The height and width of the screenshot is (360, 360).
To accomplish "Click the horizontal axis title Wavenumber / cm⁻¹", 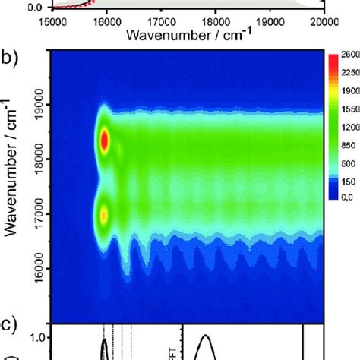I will [x=188, y=35].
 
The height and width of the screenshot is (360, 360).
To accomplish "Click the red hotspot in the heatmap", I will [x=105, y=141].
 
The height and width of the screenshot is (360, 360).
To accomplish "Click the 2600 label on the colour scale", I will [x=349, y=56].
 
